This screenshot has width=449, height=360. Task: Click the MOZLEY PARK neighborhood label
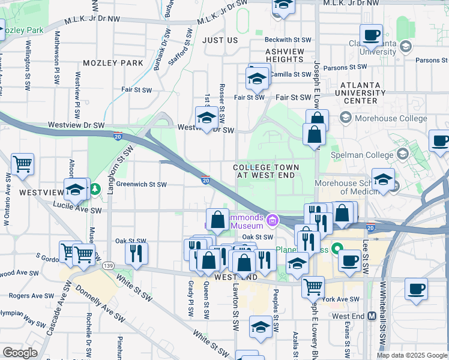point(113,63)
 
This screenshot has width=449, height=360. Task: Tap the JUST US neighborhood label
point(220,40)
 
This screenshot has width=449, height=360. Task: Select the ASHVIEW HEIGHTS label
point(285,56)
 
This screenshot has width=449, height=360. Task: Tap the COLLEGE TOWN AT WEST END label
point(265,171)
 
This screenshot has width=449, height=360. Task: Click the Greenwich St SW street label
point(141,185)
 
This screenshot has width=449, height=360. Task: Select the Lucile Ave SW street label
point(79,211)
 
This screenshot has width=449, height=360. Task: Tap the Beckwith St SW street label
point(290,40)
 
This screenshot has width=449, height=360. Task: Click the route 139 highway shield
point(108,266)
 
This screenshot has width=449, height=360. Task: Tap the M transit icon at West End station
point(372,316)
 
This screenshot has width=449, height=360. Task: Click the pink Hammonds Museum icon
point(271,221)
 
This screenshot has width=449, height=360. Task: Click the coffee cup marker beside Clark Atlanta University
point(371,35)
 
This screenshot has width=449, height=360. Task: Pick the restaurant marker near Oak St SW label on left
point(136,253)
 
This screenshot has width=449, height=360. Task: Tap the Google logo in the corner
point(20,353)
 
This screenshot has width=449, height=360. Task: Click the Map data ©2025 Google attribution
point(411,355)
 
